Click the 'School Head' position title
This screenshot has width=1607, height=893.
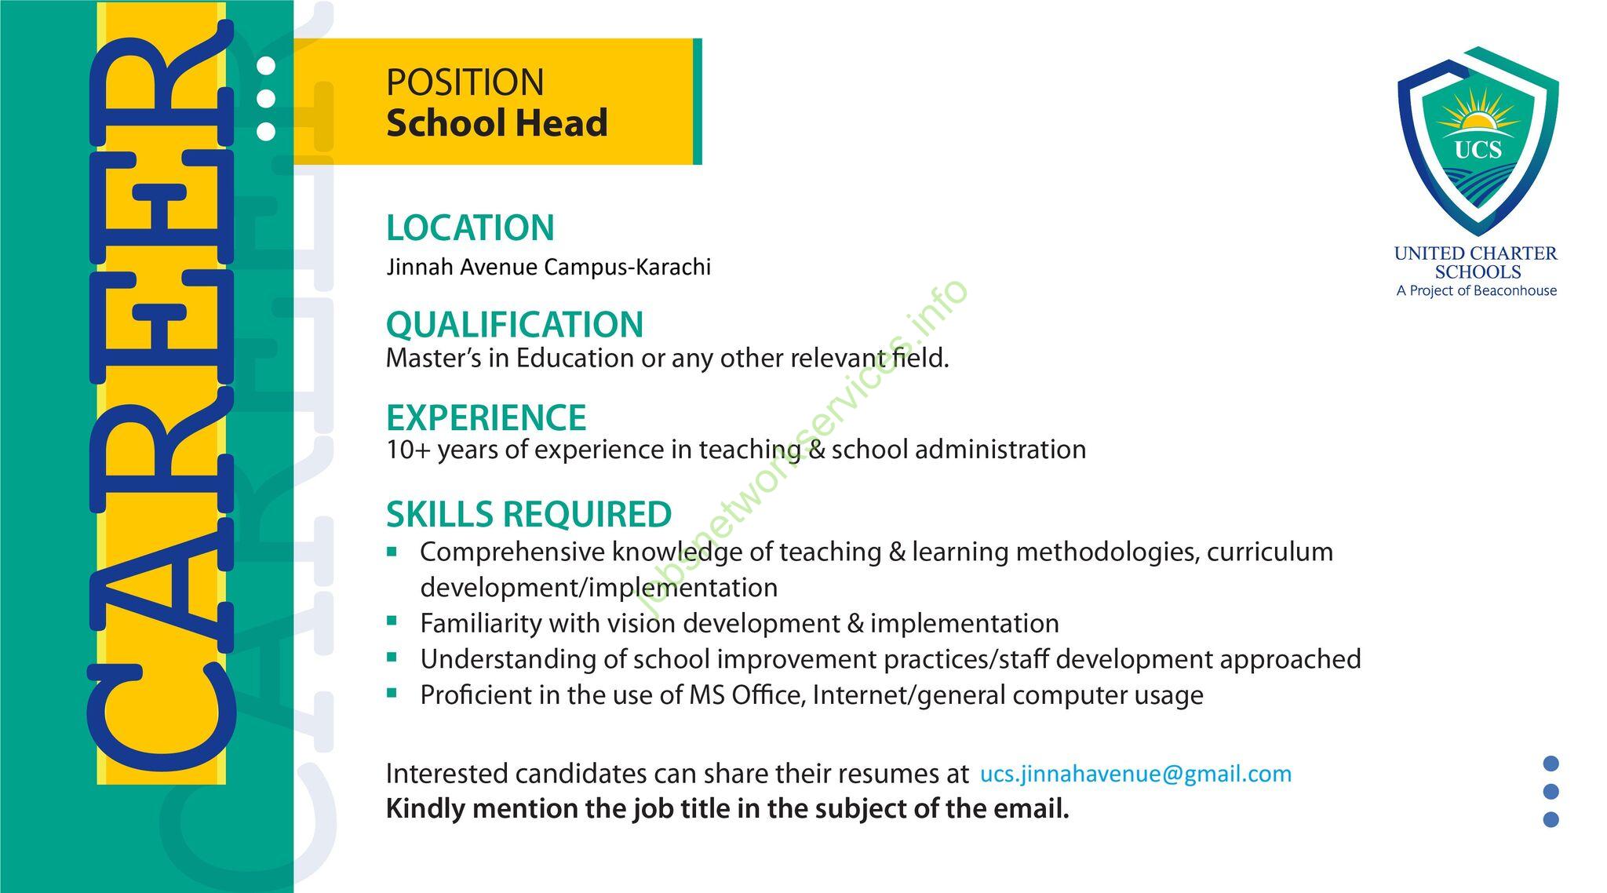tap(497, 123)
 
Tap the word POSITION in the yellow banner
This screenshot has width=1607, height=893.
tap(465, 82)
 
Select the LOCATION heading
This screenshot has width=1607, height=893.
tap(470, 228)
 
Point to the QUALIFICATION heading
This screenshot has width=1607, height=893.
tap(515, 325)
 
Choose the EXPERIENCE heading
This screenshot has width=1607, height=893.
tap(486, 417)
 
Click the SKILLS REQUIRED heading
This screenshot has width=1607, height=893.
tap(529, 515)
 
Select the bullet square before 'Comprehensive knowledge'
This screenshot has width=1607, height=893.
tap(392, 552)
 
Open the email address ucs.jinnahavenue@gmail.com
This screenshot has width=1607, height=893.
tap(1136, 775)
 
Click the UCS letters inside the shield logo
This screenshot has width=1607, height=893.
tap(1478, 149)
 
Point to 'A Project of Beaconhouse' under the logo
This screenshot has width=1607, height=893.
tap(1477, 291)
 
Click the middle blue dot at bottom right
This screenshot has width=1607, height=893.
tap(1551, 792)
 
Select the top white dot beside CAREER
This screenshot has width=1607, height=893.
tap(266, 66)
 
